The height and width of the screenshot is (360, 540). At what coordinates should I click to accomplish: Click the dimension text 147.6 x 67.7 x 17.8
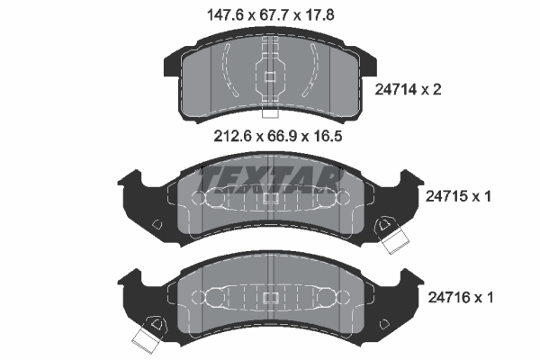tap(271, 15)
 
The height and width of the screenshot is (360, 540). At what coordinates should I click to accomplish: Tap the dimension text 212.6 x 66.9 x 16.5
tap(278, 137)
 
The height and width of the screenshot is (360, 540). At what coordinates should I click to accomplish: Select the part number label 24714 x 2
tap(408, 90)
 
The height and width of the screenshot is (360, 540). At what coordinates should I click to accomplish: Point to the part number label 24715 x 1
tap(458, 197)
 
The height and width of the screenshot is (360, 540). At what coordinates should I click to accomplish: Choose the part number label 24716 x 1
tap(461, 297)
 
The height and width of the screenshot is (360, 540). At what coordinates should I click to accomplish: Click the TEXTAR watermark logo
tap(271, 180)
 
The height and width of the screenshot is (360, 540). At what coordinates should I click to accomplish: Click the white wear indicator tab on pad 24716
tap(147, 339)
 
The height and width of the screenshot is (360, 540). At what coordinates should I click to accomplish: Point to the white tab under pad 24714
tap(270, 112)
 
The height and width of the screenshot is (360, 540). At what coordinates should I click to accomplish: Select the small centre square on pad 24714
tap(270, 76)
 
